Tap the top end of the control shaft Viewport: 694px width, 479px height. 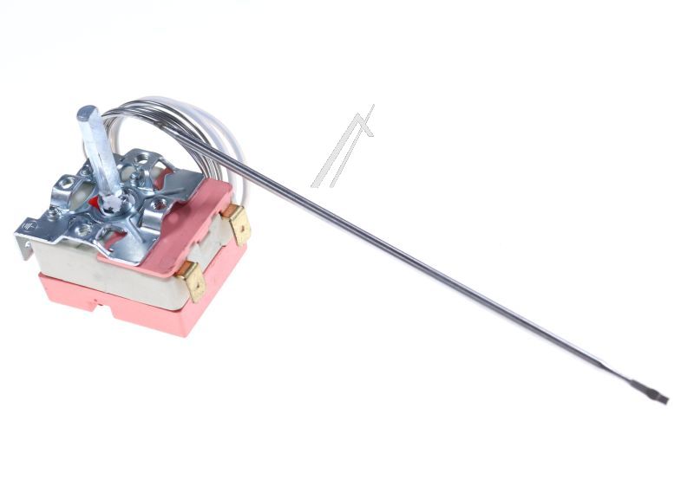88,113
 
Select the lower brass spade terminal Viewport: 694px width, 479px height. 193,281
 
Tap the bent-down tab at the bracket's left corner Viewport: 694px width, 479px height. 23,246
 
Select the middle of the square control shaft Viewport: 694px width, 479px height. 98,156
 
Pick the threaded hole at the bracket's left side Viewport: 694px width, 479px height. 67,184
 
